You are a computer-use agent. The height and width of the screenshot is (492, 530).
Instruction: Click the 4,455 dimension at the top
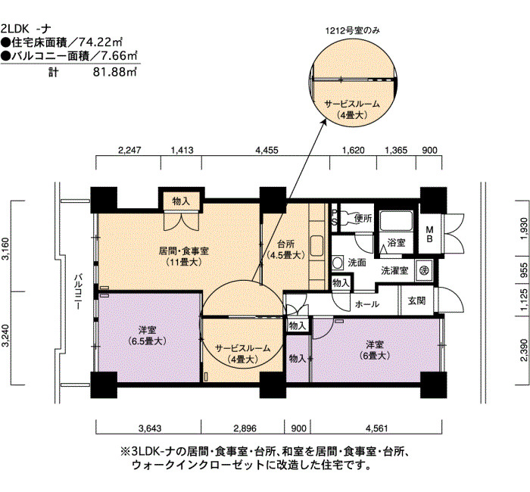tap(267, 150)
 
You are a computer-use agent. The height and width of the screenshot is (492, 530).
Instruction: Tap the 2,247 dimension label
tap(129, 150)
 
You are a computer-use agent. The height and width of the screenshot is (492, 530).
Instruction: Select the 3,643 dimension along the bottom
tap(150, 428)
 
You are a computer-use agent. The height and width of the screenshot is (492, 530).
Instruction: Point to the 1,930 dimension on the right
tap(523, 229)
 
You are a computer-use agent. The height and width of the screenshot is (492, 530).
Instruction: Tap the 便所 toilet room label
tap(363, 218)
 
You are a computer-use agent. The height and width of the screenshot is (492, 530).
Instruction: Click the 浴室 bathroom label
tap(397, 243)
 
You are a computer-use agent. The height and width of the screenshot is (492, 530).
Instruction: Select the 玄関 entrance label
tap(416, 300)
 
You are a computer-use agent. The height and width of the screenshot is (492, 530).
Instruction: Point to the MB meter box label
tap(429, 234)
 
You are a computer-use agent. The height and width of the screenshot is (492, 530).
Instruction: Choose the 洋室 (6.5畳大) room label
tap(148, 335)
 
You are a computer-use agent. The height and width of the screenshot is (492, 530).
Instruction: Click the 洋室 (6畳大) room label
tap(375, 350)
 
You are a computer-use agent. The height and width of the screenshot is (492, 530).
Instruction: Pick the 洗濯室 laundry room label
tap(394, 271)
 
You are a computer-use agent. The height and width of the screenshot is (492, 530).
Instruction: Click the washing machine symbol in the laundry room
tap(425, 270)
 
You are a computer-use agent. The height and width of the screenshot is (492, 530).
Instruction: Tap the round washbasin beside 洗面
tap(337, 263)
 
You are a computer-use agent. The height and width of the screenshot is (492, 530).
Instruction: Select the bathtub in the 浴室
tap(396, 221)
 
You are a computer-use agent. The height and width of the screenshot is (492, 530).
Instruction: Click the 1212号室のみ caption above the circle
tap(352, 31)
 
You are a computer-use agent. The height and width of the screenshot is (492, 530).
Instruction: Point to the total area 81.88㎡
tap(115, 72)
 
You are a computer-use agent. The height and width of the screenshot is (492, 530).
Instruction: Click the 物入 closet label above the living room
tap(181, 201)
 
